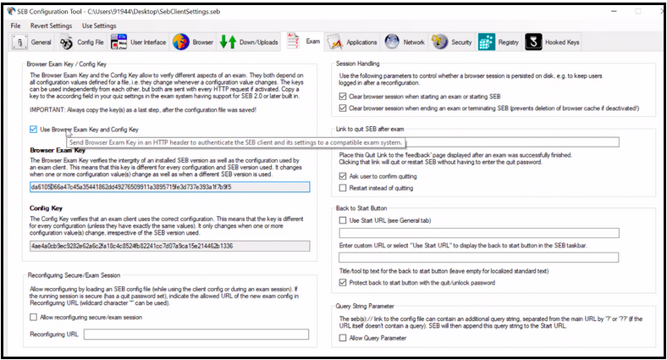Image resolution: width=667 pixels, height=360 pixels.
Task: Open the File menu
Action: pos(16,25)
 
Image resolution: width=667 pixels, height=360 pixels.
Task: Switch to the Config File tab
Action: pos(81,42)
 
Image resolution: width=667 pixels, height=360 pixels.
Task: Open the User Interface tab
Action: pos(138,42)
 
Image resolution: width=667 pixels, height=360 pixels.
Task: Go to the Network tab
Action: pos(405,42)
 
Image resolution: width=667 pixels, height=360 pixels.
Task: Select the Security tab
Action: pos(452,42)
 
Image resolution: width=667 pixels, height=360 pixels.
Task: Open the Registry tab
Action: pos(499,42)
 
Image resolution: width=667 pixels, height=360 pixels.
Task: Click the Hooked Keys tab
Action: pos(554,42)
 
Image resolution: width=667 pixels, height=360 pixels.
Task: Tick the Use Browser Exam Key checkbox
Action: pos(33,130)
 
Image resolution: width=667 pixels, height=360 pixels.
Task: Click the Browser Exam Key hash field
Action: pos(169,186)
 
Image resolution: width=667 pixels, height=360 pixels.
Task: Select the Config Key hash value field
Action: pos(169,246)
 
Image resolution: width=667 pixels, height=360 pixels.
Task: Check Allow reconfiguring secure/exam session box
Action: pos(33,317)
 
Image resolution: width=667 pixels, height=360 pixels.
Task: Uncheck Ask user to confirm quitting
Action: pos(342,175)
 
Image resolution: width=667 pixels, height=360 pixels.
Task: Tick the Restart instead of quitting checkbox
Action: pos(342,187)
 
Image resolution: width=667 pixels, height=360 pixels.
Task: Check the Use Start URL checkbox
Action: pos(342,220)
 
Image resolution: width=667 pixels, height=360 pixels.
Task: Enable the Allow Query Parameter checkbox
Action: pos(342,337)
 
